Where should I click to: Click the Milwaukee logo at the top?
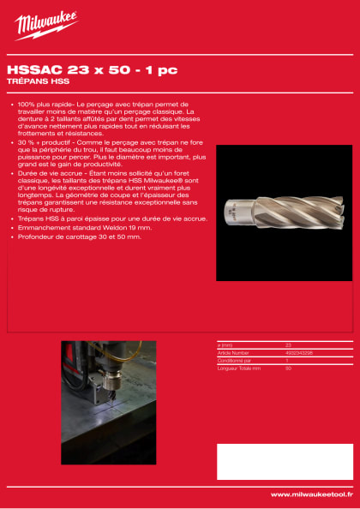(45, 26)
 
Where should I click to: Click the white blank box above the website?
(284, 461)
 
